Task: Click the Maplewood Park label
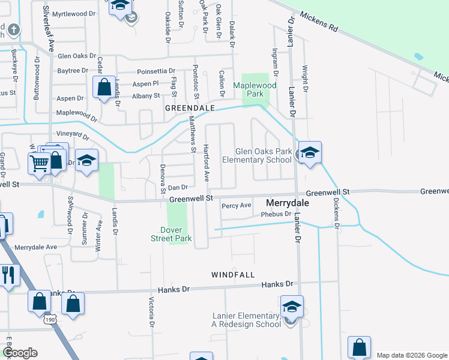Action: (255, 90)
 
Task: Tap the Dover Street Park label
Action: (176, 234)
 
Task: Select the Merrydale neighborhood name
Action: (287, 203)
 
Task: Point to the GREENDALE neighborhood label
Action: (190, 107)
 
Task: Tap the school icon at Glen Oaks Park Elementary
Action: (310, 153)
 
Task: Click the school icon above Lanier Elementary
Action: (291, 307)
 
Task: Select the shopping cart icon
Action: (39, 161)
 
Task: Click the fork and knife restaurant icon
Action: (8, 275)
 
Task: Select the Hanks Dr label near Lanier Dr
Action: (281, 283)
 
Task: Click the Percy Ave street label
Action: (237, 205)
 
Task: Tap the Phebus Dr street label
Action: (276, 214)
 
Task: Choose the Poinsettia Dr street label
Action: (155, 71)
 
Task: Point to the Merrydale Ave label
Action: (35, 247)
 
